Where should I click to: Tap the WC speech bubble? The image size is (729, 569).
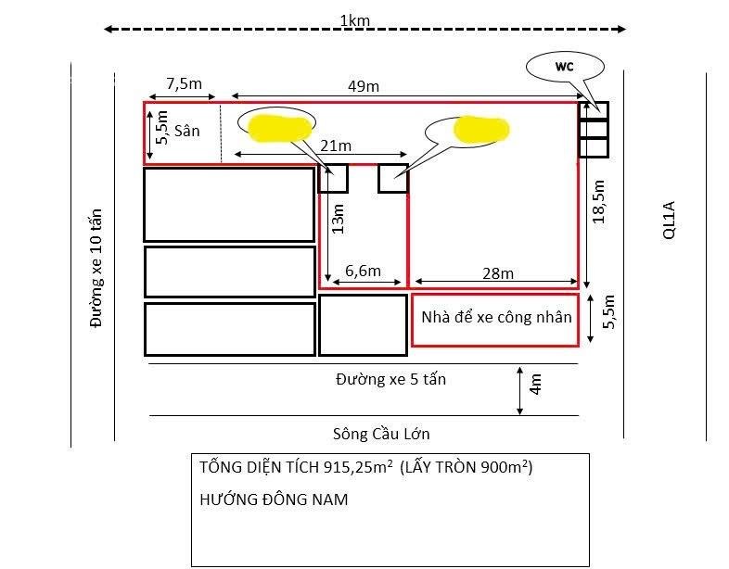point(565,67)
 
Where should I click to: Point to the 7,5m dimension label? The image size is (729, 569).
point(184,83)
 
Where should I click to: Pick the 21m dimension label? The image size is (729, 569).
point(335,145)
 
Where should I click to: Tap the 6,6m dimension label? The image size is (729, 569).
point(363,271)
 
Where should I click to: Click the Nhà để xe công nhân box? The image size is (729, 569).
point(495,319)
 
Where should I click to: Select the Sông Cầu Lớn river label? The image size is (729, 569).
point(380,433)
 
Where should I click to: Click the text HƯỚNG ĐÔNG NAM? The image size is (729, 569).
point(274,499)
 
